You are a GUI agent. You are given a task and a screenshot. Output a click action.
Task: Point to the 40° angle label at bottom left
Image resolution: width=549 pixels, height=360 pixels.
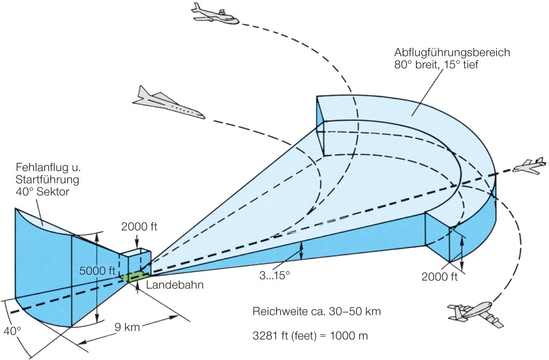[11, 329]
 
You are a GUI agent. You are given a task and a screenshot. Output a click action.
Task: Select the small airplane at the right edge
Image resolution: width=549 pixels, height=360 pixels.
[529, 166]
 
